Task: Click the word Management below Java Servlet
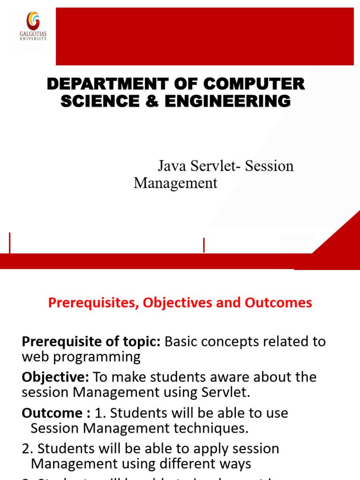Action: tap(175, 183)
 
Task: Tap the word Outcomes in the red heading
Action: tap(278, 303)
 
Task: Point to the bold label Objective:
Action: tap(56, 377)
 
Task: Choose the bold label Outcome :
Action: tap(56, 413)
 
